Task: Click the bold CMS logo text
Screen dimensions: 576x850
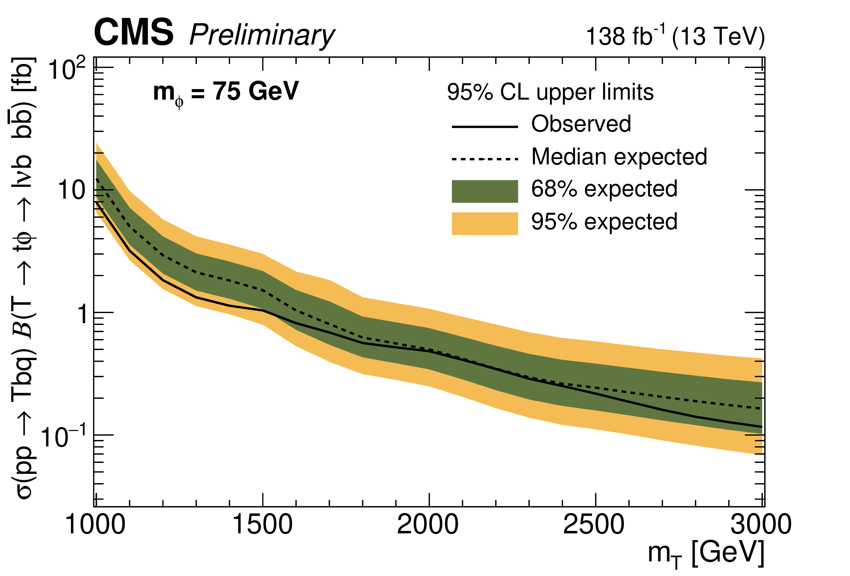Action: [x=134, y=33]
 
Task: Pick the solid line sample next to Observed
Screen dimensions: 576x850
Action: [x=485, y=127]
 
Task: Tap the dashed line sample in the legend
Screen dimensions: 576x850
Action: [x=485, y=159]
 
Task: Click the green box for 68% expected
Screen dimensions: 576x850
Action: [x=485, y=191]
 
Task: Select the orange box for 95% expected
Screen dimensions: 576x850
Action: [x=485, y=223]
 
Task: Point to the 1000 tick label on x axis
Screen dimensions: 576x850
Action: [x=95, y=524]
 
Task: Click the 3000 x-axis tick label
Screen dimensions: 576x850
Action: [x=761, y=524]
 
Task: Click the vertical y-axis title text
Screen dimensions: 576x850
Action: [x=23, y=278]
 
